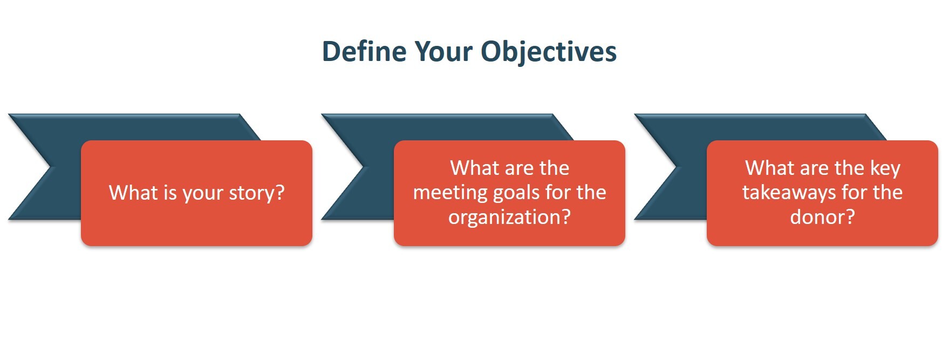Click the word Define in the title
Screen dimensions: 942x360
(x=364, y=52)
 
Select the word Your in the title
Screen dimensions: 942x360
(x=443, y=52)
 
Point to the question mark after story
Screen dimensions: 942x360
(x=280, y=192)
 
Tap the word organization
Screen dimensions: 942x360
(x=505, y=218)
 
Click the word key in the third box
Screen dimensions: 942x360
(x=885, y=169)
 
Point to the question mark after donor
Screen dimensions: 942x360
(x=850, y=216)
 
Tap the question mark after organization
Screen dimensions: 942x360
(x=566, y=216)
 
